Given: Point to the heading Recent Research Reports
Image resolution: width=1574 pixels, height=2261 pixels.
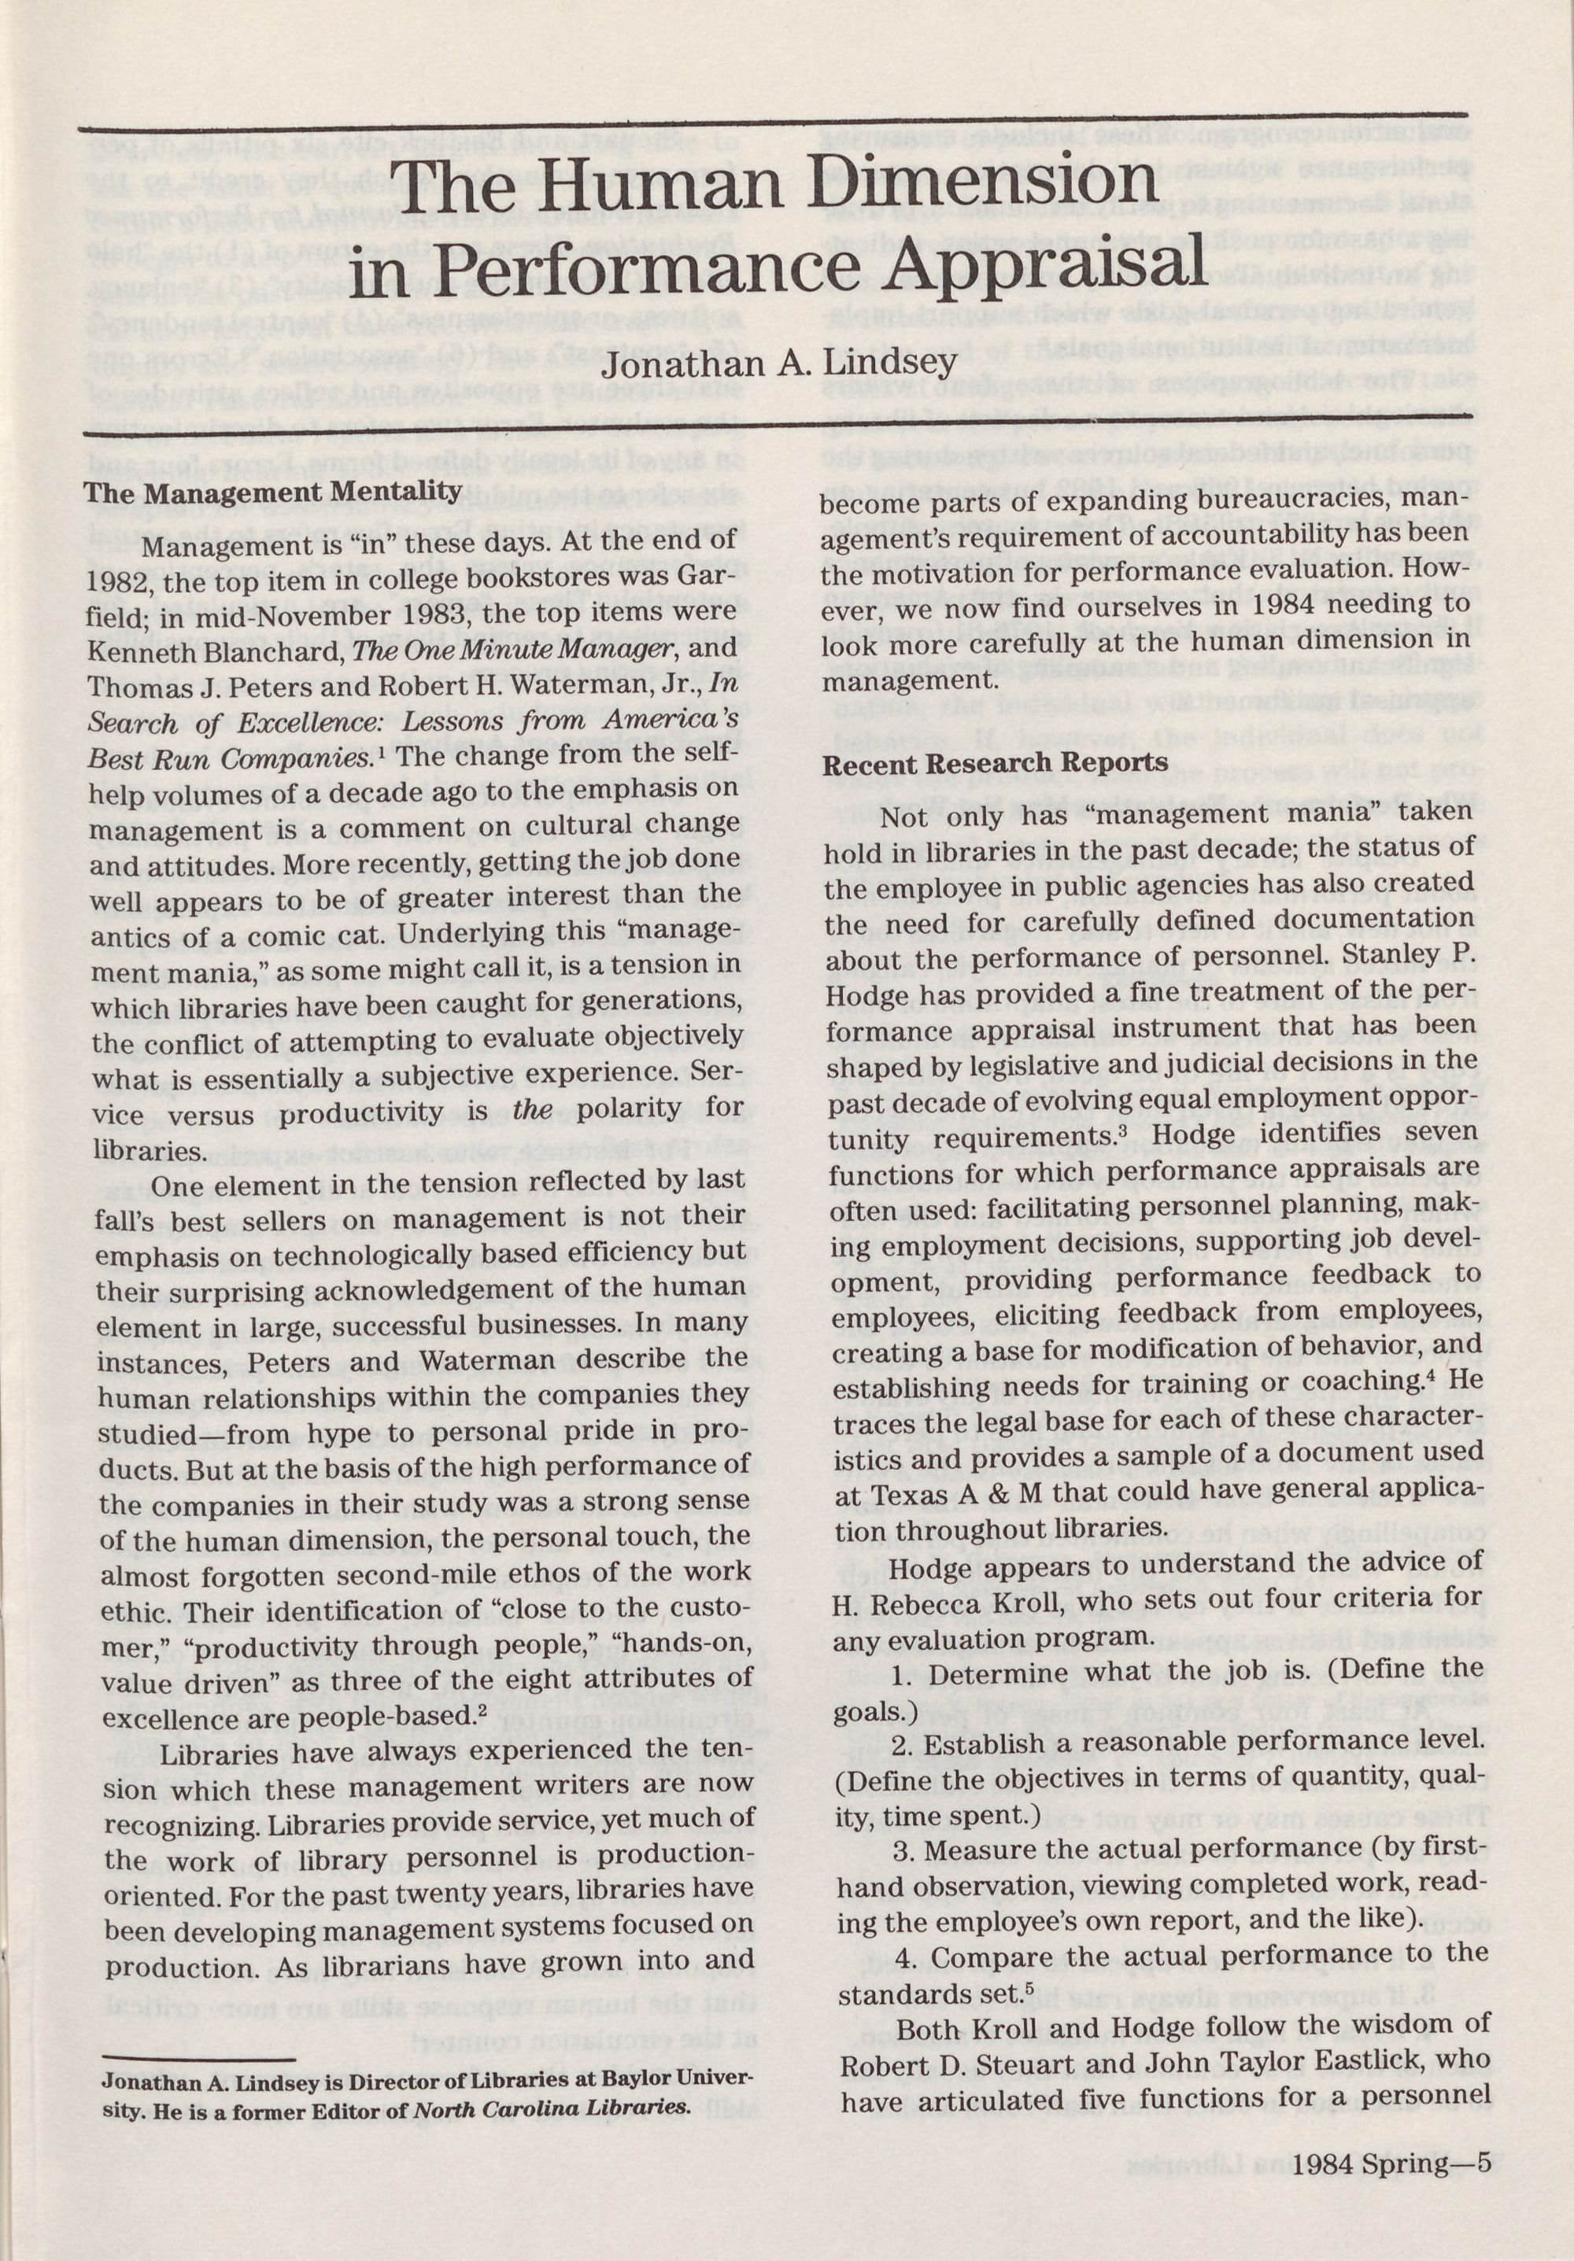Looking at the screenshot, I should coord(995,762).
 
